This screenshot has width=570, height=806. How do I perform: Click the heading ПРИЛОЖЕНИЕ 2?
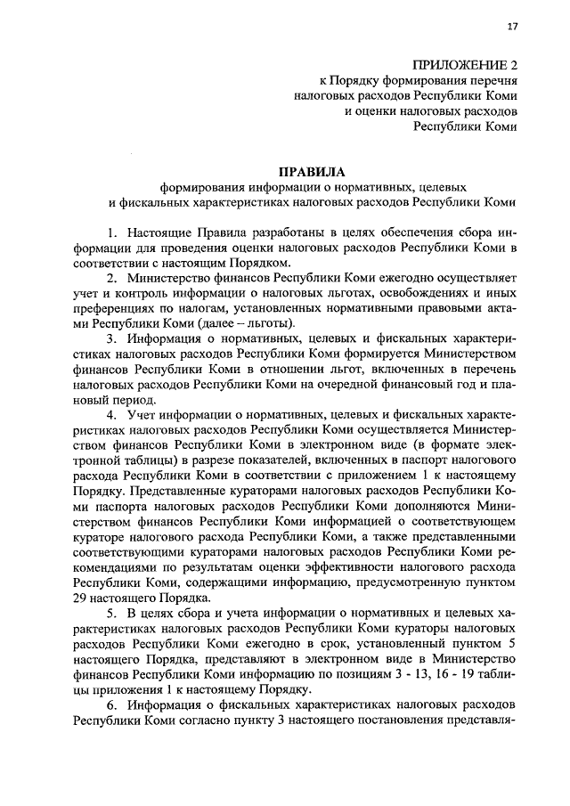[465, 65]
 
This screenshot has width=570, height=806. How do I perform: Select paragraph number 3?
[112, 339]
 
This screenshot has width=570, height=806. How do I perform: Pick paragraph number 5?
[112, 615]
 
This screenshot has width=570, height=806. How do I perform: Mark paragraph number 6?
[112, 706]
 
